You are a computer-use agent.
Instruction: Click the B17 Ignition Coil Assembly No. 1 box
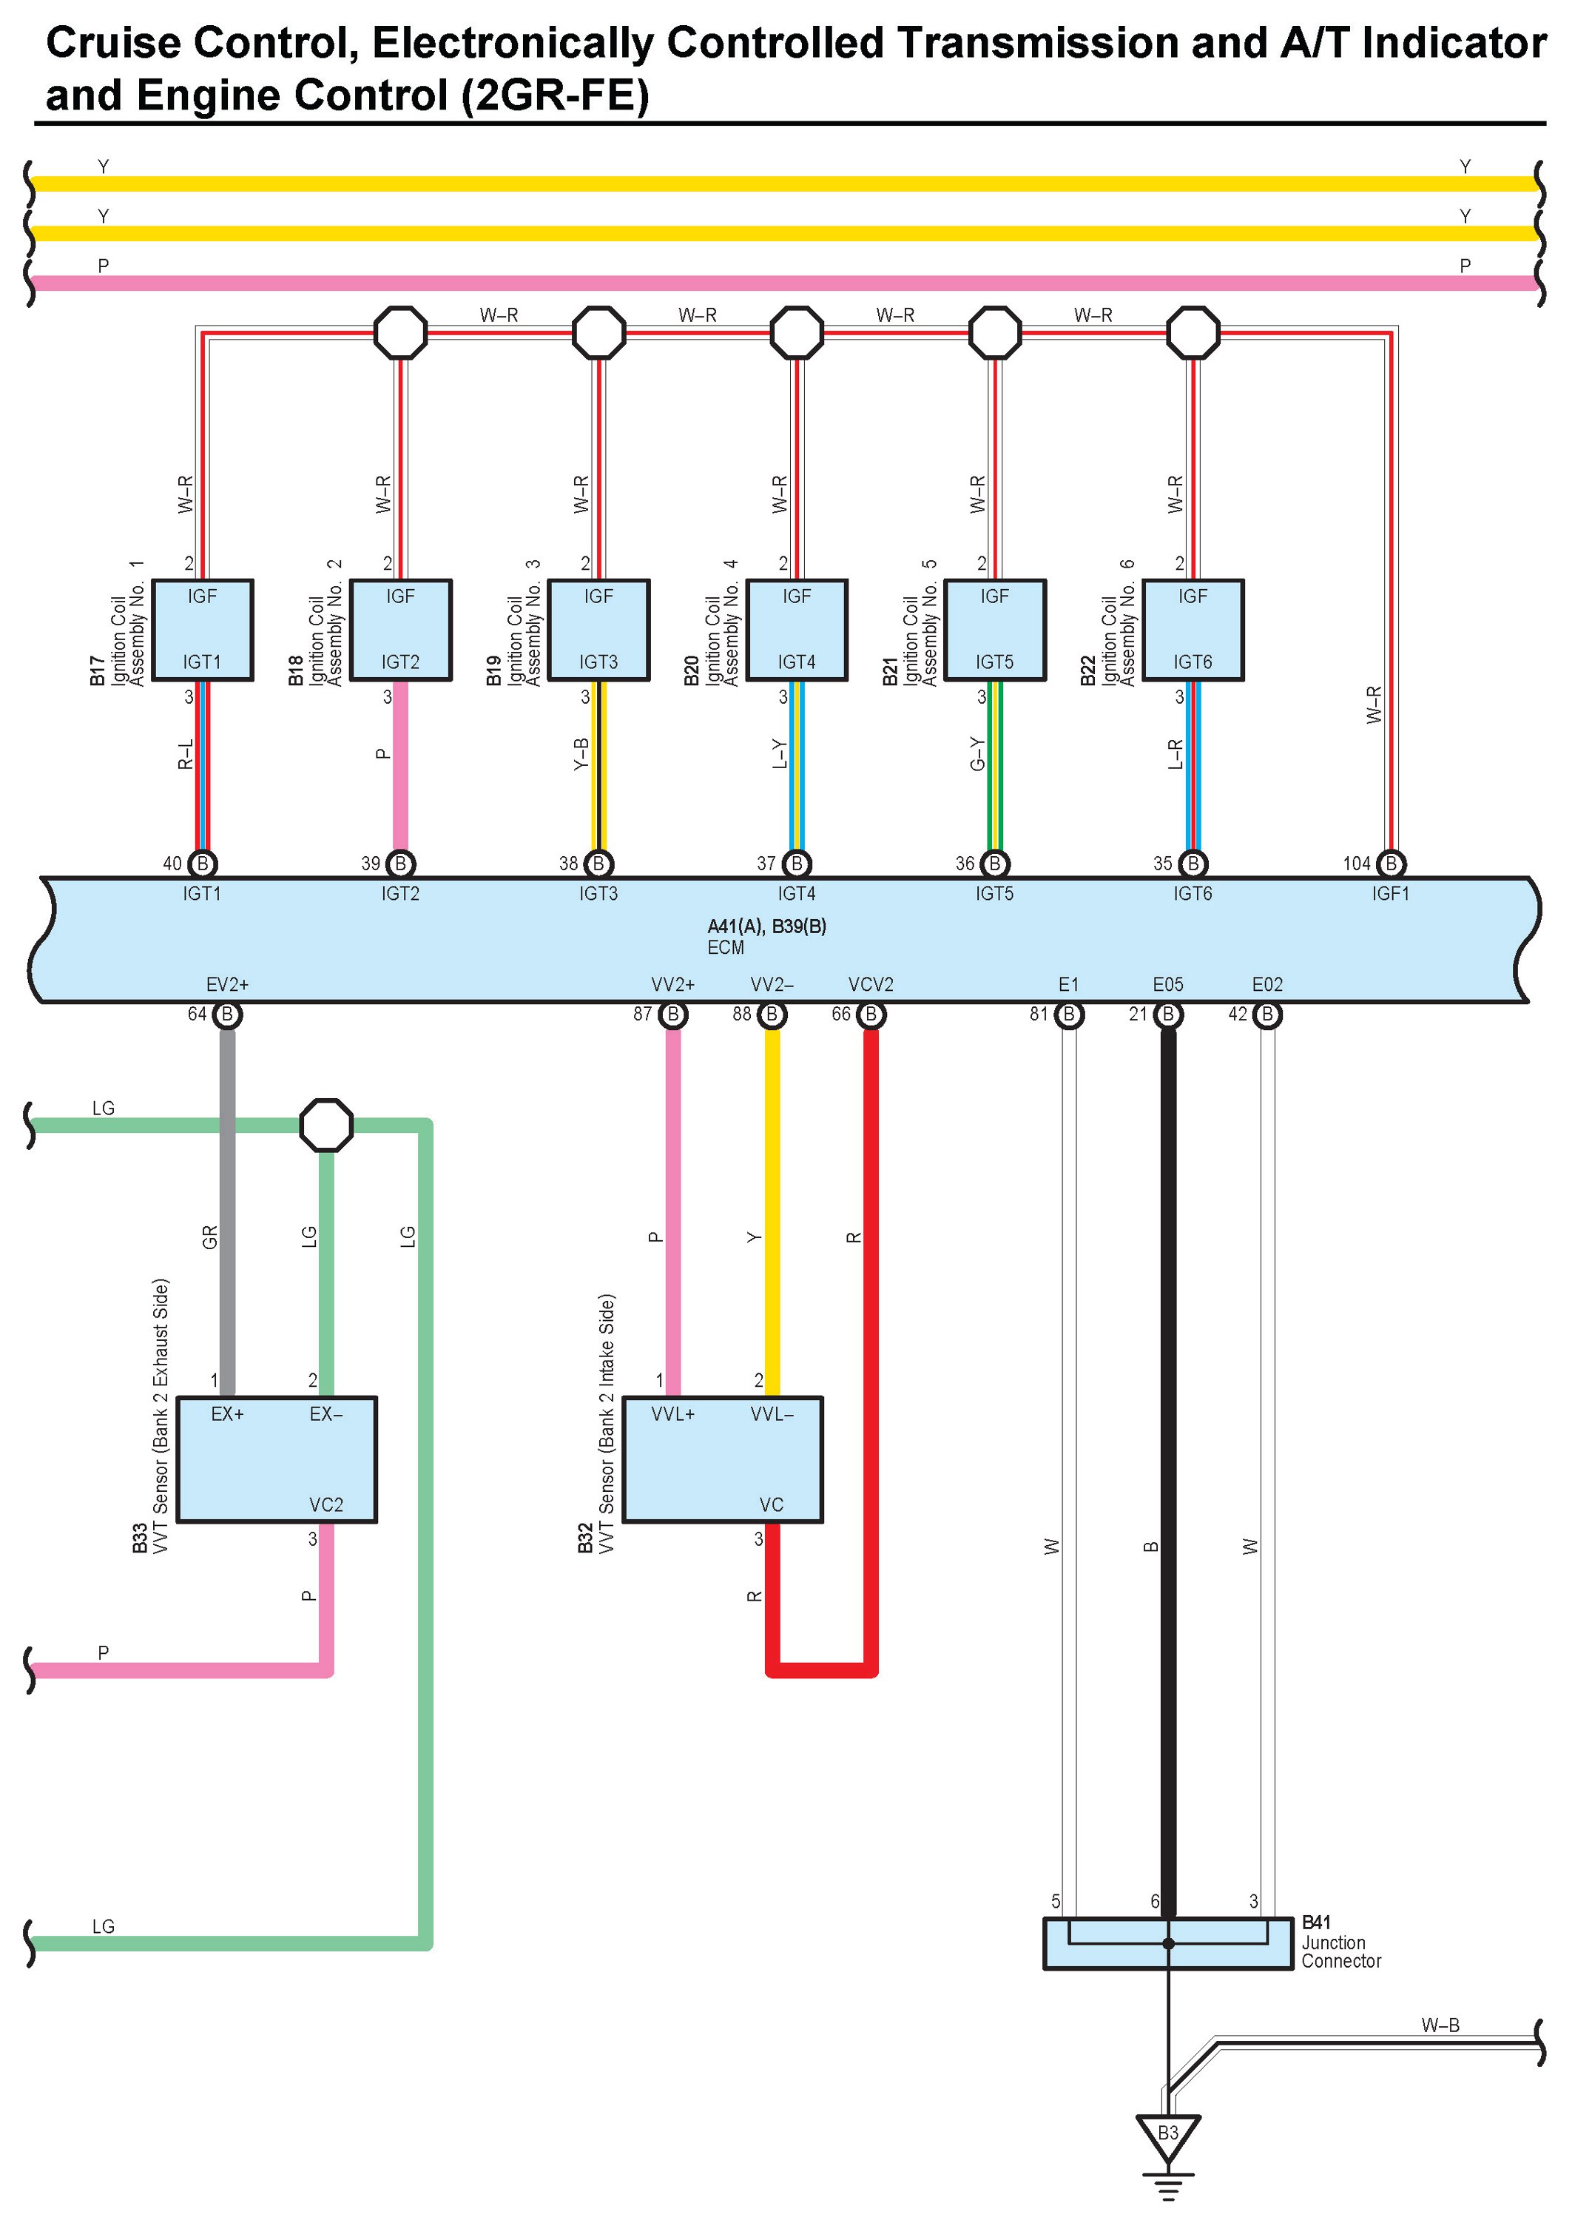203,630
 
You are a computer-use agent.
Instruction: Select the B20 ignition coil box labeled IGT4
797,630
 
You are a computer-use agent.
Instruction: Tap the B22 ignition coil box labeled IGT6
1193,630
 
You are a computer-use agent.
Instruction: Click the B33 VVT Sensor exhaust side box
277,1459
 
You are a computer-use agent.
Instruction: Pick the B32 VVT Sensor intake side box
723,1459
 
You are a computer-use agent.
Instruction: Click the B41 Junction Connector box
1167,1943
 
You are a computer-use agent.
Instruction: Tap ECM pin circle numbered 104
1391,864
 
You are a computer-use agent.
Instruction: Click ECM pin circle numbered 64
227,1014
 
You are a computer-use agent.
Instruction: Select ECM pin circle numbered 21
1167,1014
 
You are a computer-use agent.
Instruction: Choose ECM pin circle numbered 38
598,864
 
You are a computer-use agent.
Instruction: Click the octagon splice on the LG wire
326,1125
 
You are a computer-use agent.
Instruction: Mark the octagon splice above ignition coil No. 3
598,333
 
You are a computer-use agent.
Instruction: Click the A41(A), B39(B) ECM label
766,926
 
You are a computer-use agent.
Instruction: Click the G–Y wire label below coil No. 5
977,754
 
